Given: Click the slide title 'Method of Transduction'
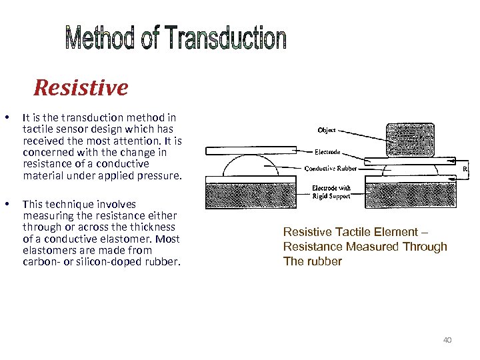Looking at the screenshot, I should coord(176,39).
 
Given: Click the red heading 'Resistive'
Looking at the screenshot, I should coord(81,87).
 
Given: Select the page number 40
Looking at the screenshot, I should coord(447,340).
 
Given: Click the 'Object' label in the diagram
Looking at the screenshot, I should coord(327,130).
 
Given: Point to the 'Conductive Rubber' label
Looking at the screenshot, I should coord(330,168).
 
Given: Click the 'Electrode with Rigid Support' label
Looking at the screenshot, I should coord(331,192).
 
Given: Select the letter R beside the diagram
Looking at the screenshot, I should coord(465,169).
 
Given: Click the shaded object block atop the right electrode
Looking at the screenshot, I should coord(409,138).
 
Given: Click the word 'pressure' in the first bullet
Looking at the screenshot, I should coord(159,175).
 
